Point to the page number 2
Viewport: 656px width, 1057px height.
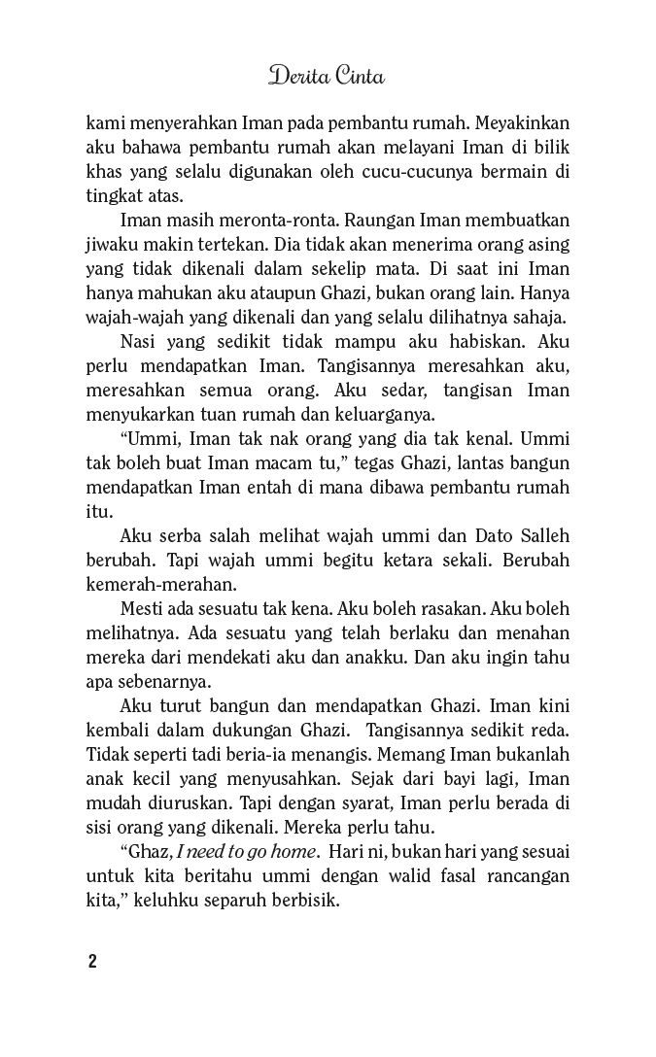point(91,963)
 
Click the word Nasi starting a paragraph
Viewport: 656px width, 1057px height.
point(139,343)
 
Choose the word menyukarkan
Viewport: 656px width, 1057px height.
point(142,416)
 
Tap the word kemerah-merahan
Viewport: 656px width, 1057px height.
point(155,585)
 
